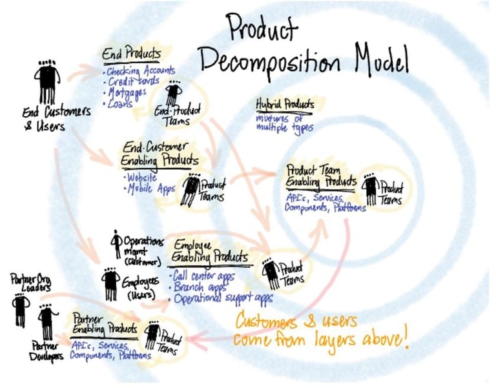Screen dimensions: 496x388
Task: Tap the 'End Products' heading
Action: pyautogui.click(x=132, y=54)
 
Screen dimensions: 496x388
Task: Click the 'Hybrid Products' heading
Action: pyautogui.click(x=285, y=105)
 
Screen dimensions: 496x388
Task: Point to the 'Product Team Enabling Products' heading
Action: pyautogui.click(x=320, y=176)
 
